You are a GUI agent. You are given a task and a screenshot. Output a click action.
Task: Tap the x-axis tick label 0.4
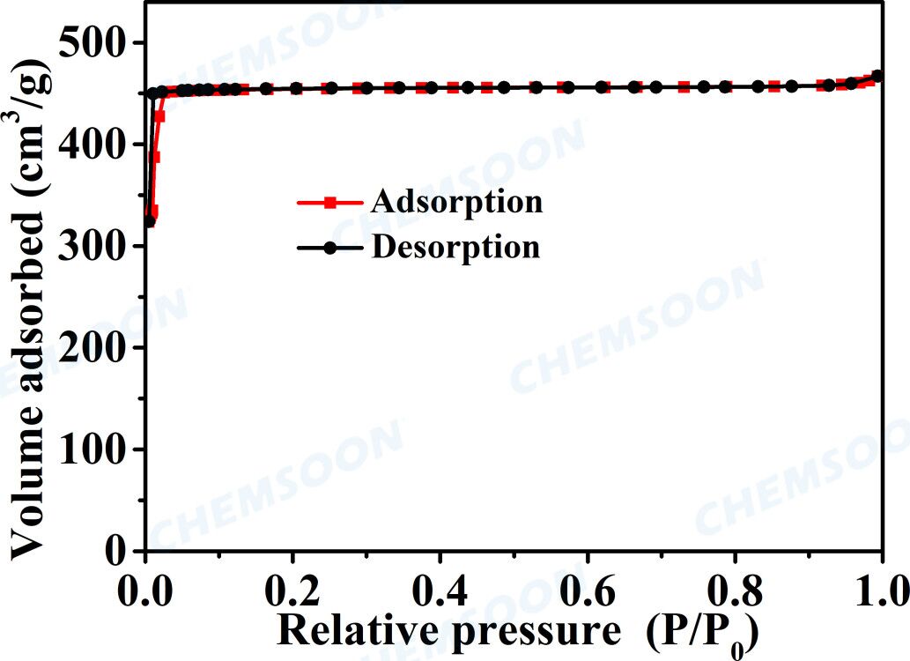[x=439, y=586]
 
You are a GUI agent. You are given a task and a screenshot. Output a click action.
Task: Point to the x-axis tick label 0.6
[x=586, y=586]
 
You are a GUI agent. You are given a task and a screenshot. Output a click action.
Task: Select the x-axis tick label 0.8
[x=732, y=586]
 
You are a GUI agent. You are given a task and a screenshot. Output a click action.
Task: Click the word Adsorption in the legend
[x=456, y=202]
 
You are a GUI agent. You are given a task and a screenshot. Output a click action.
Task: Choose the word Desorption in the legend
[x=455, y=248]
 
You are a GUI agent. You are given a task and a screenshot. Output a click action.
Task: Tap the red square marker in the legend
[x=329, y=203]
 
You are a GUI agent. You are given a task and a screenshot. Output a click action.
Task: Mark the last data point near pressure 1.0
[x=877, y=76]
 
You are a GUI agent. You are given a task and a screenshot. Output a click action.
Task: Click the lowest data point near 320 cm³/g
[x=149, y=221]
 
